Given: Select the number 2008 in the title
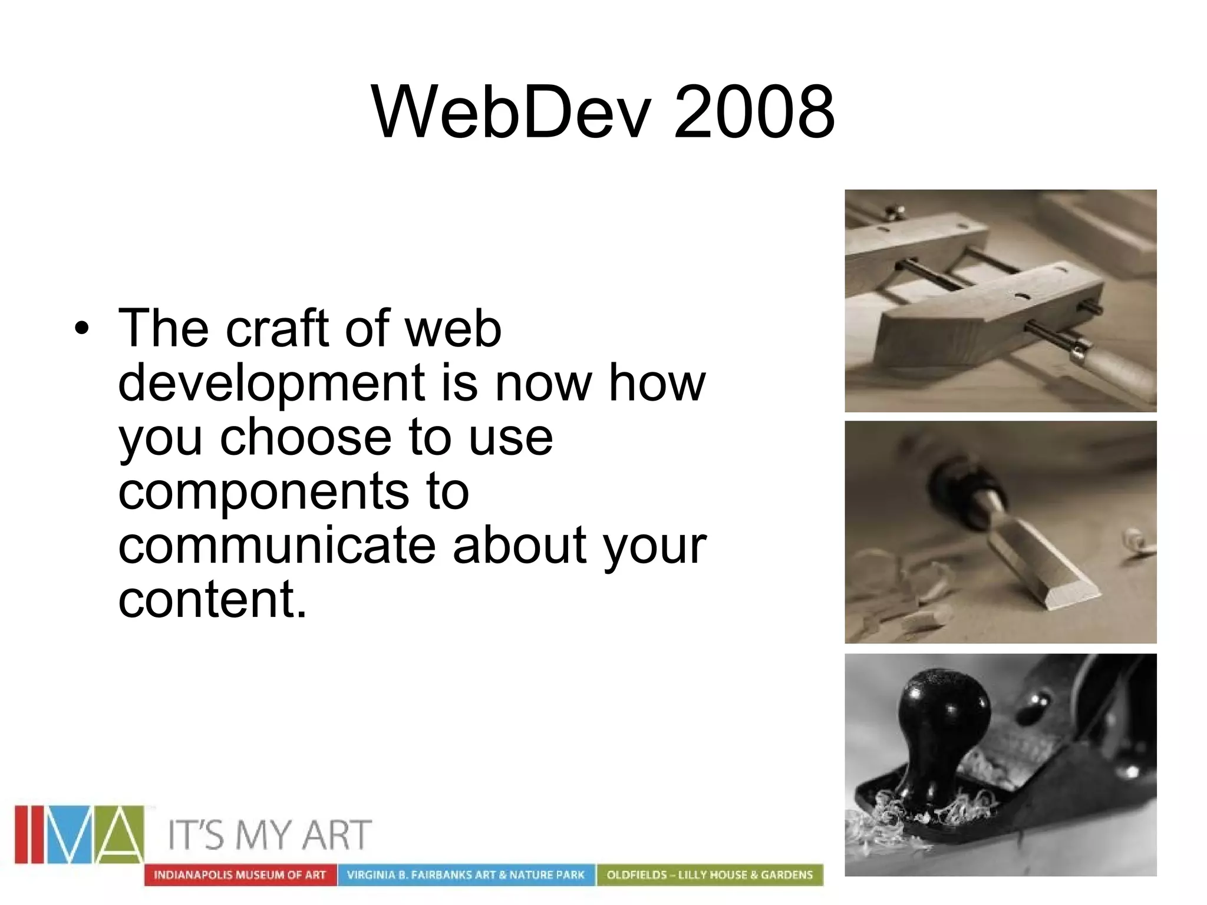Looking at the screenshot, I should pos(754,112).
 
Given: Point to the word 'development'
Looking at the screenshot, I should pos(272,382).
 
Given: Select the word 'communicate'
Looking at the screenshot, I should pos(277,545).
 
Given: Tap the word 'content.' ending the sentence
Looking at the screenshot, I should pos(213,599).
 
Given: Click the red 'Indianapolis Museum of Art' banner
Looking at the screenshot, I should pos(240,875).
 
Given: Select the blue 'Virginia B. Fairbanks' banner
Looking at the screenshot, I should pos(466,875).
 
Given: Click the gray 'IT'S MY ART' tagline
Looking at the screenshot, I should pos(270,835).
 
